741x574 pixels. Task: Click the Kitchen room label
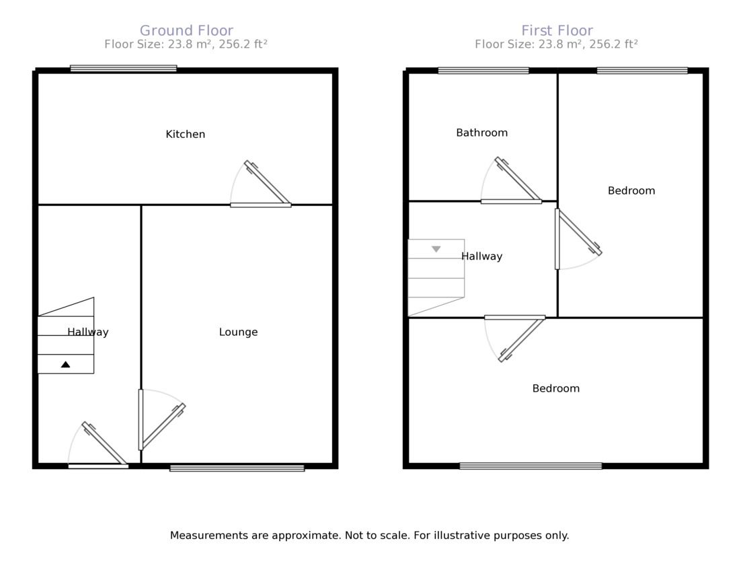[x=185, y=135]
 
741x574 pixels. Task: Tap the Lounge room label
[x=238, y=332]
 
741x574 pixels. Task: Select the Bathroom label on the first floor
[x=481, y=133]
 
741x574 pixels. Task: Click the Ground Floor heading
[x=186, y=31]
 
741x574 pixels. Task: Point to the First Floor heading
[x=557, y=31]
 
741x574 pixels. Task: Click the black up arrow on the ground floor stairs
[x=65, y=364]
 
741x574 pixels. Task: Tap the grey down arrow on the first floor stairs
[x=436, y=249]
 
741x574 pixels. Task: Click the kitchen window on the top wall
[x=124, y=68]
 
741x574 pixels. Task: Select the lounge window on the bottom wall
[x=237, y=468]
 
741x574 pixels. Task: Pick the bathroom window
[x=483, y=70]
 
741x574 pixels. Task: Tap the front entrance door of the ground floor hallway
[x=101, y=447]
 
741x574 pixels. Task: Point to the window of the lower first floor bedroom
[x=531, y=466]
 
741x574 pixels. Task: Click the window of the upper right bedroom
[x=642, y=70]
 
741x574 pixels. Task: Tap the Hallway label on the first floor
[x=481, y=256]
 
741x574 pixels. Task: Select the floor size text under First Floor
[x=556, y=44]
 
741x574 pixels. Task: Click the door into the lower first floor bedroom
[x=518, y=336]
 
